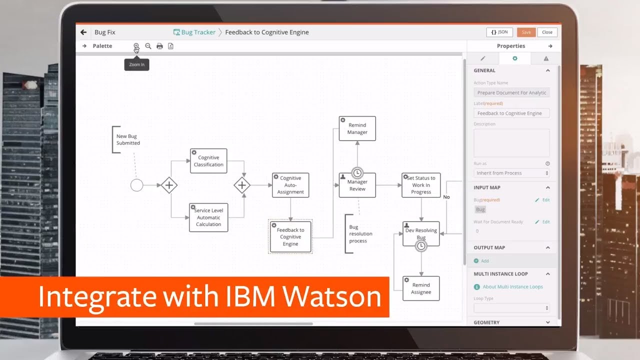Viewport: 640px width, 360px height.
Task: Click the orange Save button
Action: click(526, 32)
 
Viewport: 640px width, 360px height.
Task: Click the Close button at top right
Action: click(547, 32)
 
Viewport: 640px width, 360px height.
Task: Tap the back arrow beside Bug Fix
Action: click(83, 32)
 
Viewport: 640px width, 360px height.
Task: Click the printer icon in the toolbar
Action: click(159, 46)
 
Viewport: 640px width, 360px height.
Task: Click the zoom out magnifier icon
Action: click(148, 46)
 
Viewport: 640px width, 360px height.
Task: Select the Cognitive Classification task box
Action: click(208, 161)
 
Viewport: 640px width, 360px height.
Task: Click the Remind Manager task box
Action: click(357, 128)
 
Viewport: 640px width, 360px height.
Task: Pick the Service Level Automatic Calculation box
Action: click(208, 217)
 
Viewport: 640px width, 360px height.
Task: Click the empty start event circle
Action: click(136, 185)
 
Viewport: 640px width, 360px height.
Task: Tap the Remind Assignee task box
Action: click(421, 288)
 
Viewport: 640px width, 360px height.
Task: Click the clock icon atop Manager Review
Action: click(357, 173)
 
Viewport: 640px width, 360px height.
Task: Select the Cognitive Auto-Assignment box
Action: click(290, 185)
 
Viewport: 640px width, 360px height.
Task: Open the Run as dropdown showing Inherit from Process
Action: click(511, 173)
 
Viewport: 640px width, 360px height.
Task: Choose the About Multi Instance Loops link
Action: click(512, 287)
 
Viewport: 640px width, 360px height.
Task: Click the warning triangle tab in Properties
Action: click(546, 58)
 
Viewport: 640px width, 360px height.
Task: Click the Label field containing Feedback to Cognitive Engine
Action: click(511, 113)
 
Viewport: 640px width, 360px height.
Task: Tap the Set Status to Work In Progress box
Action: click(421, 185)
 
